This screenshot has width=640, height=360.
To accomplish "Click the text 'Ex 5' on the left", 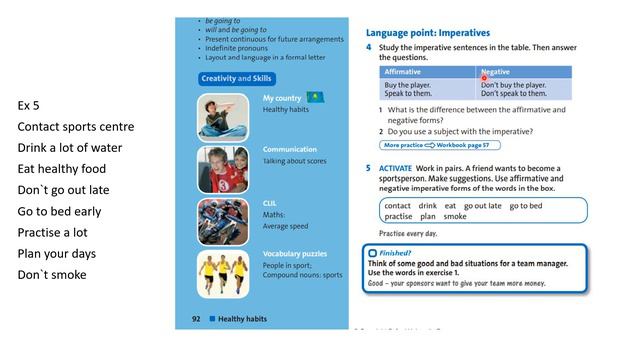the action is pyautogui.click(x=28, y=105).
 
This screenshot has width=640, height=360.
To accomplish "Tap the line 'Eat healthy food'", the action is pyautogui.click(x=60, y=168).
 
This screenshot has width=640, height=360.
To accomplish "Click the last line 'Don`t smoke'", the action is pyautogui.click(x=51, y=275).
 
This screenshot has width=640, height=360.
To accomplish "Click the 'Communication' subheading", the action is pyautogui.click(x=290, y=150).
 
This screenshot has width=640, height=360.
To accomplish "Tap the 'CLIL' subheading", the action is pyautogui.click(x=271, y=202).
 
